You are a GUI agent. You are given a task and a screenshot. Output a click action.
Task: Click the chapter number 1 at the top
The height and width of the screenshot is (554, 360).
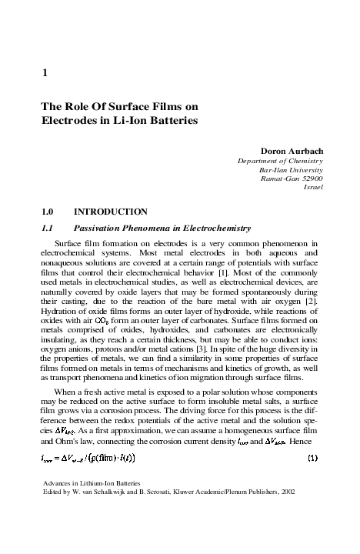click(x=43, y=74)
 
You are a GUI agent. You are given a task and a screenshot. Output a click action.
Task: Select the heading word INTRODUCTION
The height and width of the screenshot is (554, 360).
click(x=110, y=211)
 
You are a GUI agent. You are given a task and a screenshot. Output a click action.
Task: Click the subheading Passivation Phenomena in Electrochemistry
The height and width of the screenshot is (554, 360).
click(x=162, y=228)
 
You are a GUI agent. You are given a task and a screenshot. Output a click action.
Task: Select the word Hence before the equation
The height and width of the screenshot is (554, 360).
click(x=305, y=445)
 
